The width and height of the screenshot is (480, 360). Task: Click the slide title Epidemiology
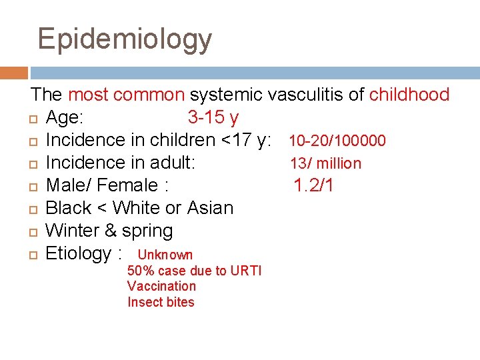125,39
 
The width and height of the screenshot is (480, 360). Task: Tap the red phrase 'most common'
126,95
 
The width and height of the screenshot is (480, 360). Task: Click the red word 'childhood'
409,95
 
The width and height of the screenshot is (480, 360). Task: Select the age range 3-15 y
213,118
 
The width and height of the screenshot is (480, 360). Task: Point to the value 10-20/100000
337,141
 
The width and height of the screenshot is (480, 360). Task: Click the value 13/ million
325,163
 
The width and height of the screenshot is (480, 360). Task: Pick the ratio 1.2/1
314,185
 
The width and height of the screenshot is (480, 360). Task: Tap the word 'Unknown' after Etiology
165,255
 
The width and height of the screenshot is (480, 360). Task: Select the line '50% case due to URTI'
194,271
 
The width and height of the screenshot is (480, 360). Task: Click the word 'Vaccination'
161,286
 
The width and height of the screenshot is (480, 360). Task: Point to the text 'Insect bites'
161,302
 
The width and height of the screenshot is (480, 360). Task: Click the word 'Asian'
211,208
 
